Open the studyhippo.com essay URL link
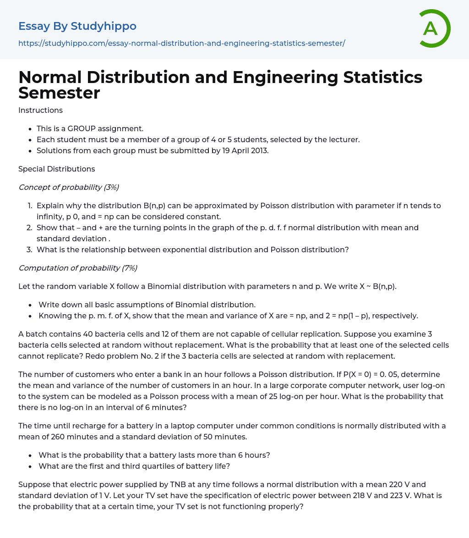point(181,43)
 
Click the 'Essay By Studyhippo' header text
point(77,26)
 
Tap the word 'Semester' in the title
point(59,93)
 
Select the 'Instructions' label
point(40,110)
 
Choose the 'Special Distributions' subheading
point(56,169)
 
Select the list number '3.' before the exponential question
point(29,250)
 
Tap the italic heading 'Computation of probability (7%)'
point(77,268)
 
